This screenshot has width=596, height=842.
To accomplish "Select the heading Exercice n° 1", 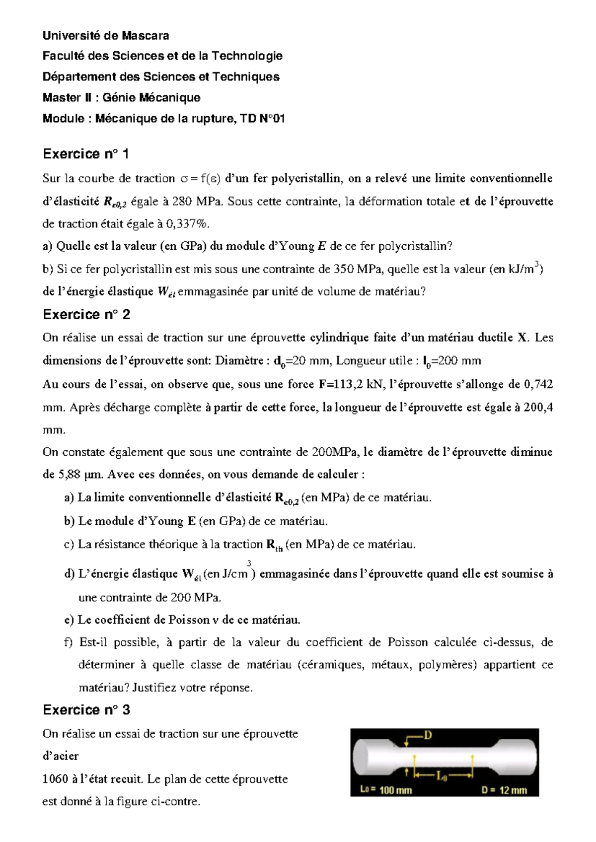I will (x=86, y=154).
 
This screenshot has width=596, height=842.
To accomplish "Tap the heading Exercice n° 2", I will (x=86, y=315).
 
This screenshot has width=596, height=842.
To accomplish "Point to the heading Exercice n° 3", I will (x=86, y=710).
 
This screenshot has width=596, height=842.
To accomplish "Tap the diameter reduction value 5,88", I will (x=69, y=475).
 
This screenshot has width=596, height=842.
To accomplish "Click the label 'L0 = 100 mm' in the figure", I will (x=385, y=790).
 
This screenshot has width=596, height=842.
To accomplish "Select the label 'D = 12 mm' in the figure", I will (x=504, y=790).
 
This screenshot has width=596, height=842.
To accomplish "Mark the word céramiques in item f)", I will (x=331, y=665).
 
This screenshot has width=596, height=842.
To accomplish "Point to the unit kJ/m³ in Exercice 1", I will (x=524, y=269).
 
